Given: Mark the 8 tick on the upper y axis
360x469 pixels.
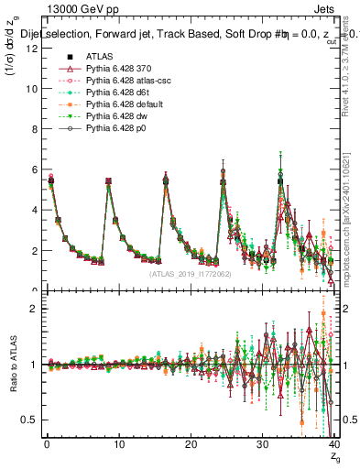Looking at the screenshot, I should tap(33, 129).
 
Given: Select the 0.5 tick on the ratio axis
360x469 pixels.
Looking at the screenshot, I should tap(30, 420).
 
